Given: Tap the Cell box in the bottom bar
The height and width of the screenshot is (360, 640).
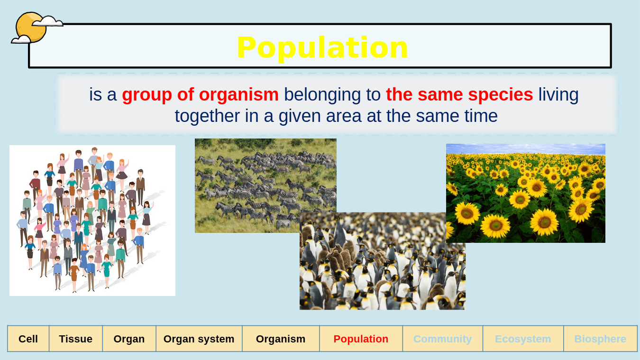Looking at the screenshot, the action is pos(28,339).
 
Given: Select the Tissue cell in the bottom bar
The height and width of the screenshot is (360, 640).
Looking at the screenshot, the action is pos(76,339).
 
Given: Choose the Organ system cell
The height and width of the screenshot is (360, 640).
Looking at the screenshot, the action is pos(199,339).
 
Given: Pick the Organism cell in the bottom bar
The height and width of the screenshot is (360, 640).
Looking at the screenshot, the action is pos(281,339).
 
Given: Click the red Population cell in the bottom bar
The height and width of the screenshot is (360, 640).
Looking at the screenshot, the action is pos(361,339).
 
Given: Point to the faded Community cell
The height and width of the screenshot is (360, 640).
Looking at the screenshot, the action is pos(443,339).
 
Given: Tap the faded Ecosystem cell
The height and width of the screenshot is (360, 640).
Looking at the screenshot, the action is pos(523,339).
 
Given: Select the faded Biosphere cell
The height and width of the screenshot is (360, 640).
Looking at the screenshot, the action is pos(600,339).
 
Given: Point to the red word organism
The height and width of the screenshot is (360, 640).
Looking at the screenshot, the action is pos(238,95).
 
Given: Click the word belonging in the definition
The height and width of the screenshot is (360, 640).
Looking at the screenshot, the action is pos(332,95).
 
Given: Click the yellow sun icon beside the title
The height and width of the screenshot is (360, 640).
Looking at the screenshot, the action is pos(30,28).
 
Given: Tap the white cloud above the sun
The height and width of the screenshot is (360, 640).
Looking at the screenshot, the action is pos(47,21).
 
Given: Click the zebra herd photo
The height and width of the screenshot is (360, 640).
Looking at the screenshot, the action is pos(265,185).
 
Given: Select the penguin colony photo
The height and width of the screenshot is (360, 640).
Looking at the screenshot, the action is pos(382,261).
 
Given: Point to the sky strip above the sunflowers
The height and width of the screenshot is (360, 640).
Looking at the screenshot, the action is pos(526,148).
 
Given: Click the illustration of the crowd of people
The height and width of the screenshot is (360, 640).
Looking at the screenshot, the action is pos(92,221).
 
